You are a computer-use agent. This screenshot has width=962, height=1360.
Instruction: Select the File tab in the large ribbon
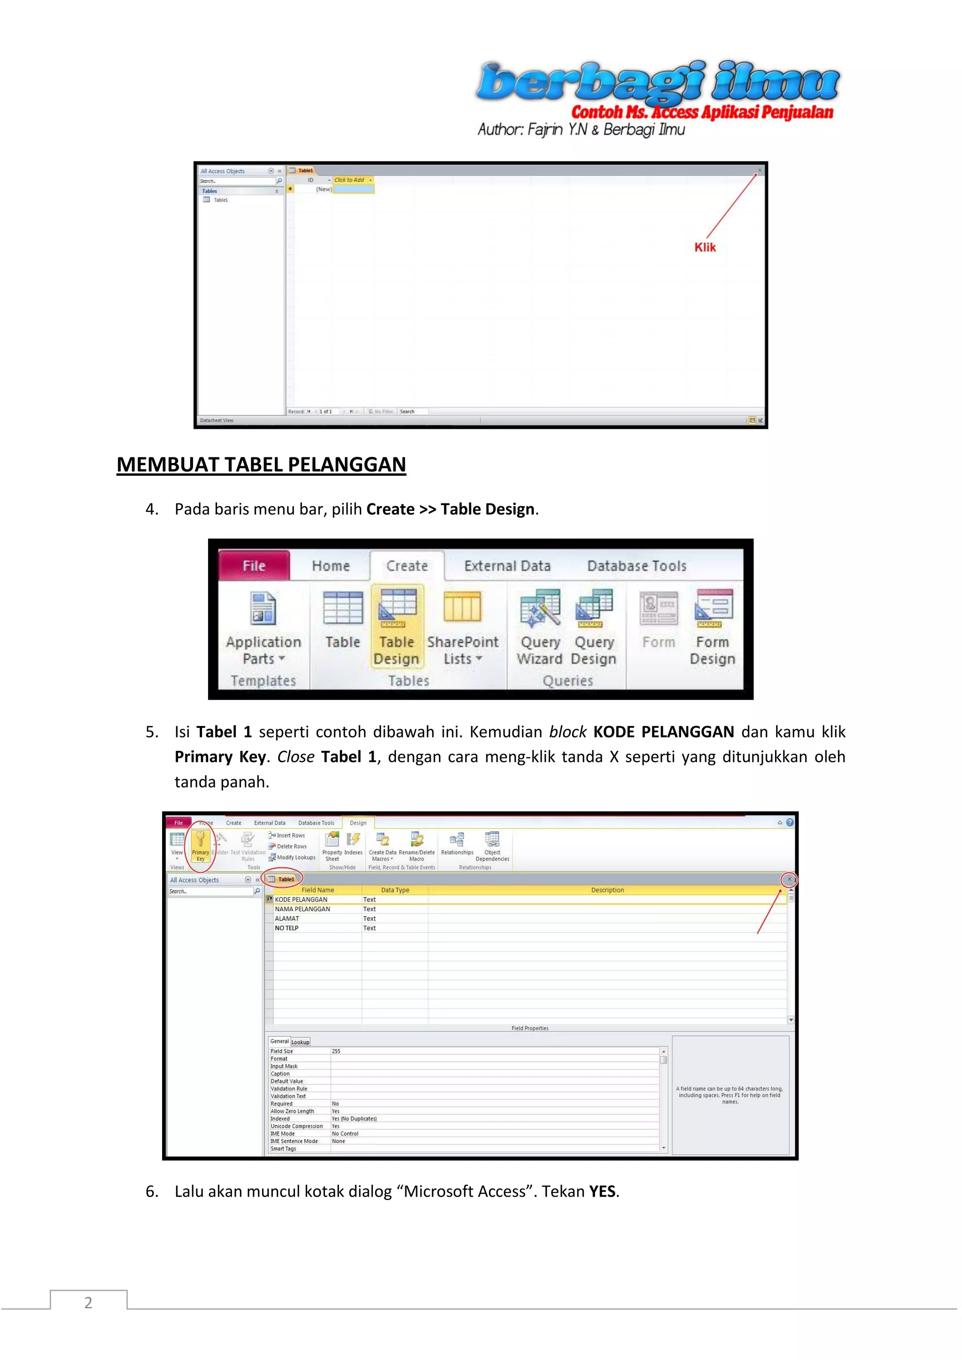pos(254,566)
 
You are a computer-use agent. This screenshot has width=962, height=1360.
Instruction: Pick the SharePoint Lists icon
pos(462,607)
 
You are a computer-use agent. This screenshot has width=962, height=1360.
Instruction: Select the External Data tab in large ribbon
pos(507,566)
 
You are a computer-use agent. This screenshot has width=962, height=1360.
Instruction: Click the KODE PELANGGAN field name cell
pos(301,899)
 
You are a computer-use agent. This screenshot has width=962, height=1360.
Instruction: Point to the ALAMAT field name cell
pos(287,918)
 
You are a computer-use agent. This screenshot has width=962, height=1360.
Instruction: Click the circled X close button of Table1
pos(789,879)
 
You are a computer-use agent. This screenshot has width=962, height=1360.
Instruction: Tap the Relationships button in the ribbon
pos(457,843)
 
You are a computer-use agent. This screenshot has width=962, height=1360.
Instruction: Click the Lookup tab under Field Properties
pos(300,1042)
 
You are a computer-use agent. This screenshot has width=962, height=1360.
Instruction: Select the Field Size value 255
pos(336,1051)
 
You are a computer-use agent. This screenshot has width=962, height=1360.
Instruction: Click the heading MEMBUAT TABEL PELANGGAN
pos(261,464)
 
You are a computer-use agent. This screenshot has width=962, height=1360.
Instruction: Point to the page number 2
pos(88,1303)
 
